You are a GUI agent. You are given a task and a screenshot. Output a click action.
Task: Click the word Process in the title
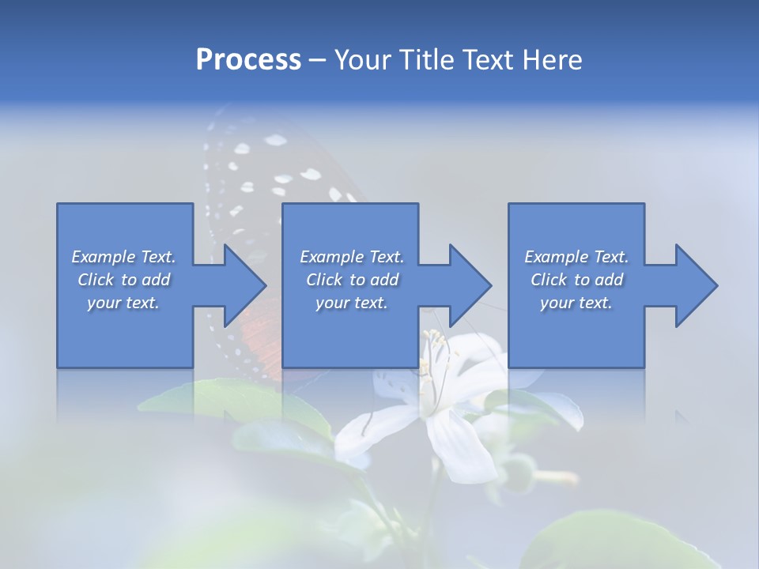(x=248, y=60)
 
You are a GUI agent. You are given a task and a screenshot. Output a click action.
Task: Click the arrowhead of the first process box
(x=241, y=285)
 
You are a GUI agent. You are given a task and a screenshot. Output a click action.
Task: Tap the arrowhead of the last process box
(x=693, y=285)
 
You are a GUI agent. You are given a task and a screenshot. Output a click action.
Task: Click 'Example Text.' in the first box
(x=124, y=257)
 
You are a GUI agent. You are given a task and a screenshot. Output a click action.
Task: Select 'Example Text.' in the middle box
(x=352, y=257)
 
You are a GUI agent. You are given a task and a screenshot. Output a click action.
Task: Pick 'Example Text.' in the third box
(x=576, y=257)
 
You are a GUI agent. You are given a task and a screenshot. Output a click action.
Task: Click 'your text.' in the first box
(x=123, y=303)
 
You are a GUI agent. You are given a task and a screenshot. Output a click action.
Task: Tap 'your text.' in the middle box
(x=351, y=303)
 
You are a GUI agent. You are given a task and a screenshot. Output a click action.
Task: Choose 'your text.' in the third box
(x=576, y=303)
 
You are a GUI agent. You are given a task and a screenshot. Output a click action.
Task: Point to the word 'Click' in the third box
(x=549, y=280)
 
